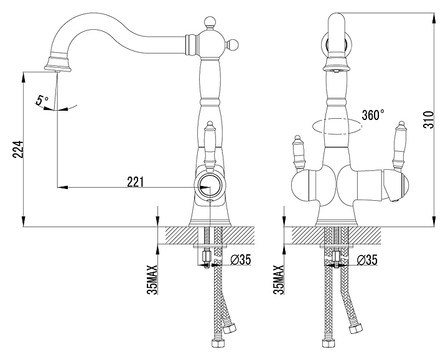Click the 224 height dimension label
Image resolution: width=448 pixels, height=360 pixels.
click(x=17, y=149)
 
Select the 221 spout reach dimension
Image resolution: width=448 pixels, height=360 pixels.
click(x=136, y=182)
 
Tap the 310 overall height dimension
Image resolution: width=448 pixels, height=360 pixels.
click(x=428, y=119)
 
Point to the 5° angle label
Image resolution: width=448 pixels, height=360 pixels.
click(x=42, y=100)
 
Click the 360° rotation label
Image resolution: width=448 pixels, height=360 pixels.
click(x=373, y=115)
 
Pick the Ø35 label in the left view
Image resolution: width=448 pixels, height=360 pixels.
click(x=241, y=259)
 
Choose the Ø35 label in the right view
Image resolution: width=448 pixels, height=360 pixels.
click(x=367, y=259)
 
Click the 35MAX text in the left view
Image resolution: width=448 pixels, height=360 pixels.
click(x=152, y=280)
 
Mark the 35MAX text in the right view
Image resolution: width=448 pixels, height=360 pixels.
click(x=279, y=280)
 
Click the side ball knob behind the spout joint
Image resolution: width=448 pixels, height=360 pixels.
click(x=231, y=45)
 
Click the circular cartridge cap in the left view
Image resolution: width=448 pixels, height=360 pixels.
click(x=210, y=185)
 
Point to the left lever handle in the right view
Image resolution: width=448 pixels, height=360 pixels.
click(x=299, y=153)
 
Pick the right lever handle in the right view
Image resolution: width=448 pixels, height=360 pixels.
click(x=398, y=147)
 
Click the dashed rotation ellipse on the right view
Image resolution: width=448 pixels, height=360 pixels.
click(x=337, y=126)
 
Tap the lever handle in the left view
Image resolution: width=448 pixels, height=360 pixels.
click(x=210, y=146)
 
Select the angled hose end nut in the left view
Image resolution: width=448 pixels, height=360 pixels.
click(x=230, y=328)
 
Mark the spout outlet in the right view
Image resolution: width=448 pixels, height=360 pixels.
click(x=337, y=68)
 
